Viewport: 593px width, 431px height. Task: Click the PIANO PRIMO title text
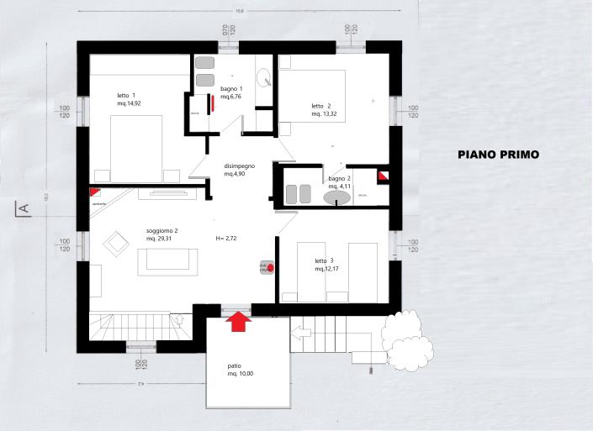pos(498,155)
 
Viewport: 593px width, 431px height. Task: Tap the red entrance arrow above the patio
pos(238,321)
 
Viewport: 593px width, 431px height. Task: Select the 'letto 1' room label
pos(129,99)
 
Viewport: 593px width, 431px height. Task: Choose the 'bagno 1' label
pos(231,92)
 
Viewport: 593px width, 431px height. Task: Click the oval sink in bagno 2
pos(337,198)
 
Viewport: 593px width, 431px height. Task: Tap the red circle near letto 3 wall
pos(269,268)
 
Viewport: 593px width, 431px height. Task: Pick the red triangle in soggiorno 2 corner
pos(95,193)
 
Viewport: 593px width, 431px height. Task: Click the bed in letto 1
pos(137,146)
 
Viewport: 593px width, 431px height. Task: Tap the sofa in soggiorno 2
pos(172,260)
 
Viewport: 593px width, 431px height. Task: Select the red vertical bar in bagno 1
pos(214,102)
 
